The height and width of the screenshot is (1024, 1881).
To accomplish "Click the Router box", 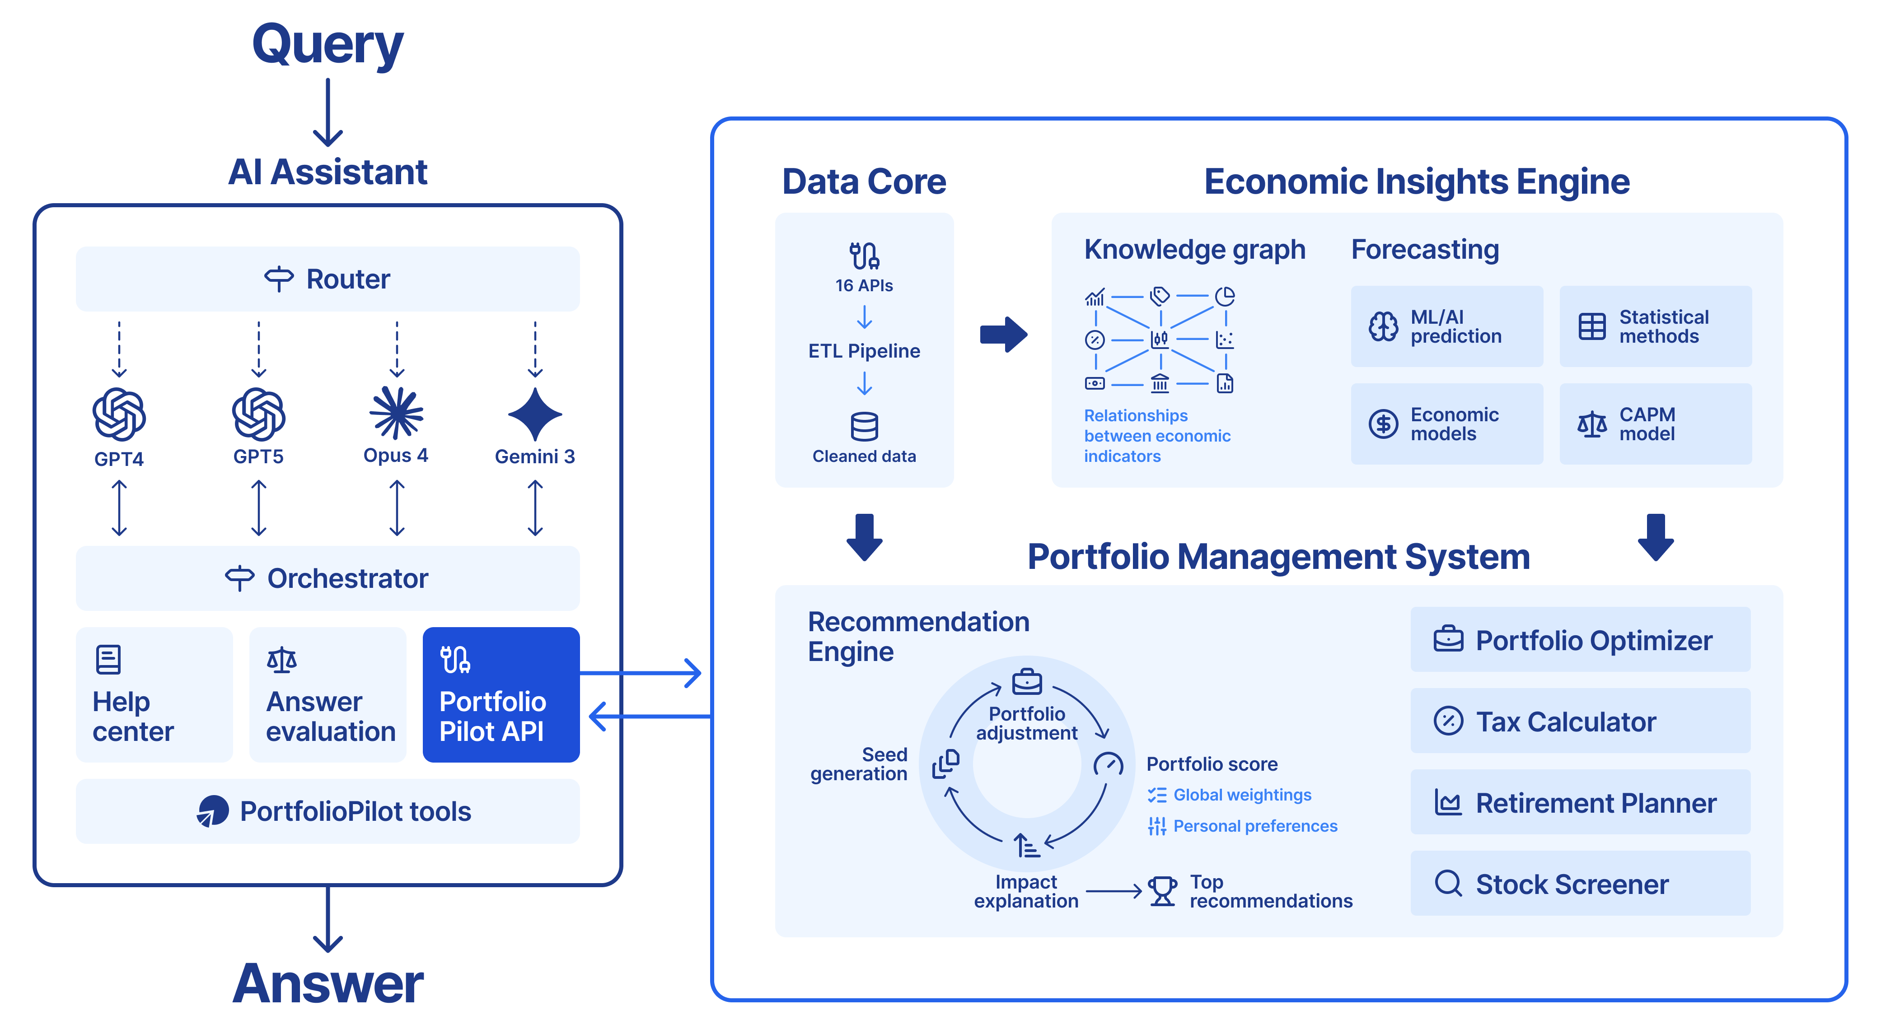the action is [x=328, y=279].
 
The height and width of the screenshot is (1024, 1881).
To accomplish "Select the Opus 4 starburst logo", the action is [x=397, y=413].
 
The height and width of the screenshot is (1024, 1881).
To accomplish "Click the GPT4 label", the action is [x=119, y=459].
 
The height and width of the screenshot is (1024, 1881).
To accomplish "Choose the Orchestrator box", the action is [x=328, y=578].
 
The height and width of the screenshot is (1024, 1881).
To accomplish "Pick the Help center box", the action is [x=154, y=694].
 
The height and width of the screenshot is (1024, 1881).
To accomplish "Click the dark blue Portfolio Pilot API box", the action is [x=501, y=694].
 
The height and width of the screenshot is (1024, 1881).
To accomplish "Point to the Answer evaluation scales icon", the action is [x=282, y=660].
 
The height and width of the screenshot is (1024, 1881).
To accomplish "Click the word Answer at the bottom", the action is [x=328, y=983].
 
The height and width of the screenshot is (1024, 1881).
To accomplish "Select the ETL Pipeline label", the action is [x=865, y=351].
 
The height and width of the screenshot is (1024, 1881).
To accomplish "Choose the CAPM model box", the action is [x=1656, y=424].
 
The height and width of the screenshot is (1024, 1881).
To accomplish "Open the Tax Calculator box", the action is [x=1580, y=721].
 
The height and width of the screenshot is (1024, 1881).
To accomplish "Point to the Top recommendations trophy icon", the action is [x=1162, y=891].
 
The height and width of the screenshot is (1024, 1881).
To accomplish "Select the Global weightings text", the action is [x=1242, y=795].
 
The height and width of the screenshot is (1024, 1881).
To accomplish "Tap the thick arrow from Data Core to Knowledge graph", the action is [x=1004, y=334].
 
